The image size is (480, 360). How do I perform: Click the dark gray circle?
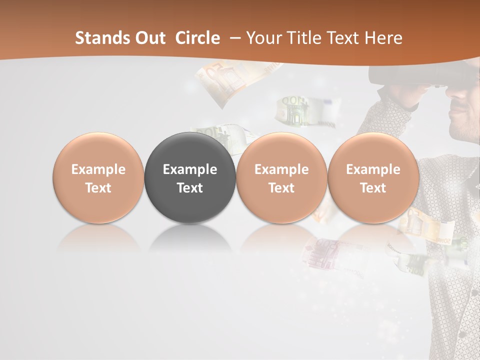[x=190, y=177]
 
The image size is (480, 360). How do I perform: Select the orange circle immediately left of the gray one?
[x=98, y=177]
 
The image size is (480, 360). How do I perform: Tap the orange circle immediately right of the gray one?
[x=281, y=177]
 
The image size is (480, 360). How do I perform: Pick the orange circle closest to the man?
[x=373, y=177]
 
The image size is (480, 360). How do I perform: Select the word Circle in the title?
[x=197, y=38]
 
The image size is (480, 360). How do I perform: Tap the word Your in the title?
[x=264, y=38]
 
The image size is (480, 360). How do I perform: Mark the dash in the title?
[x=234, y=38]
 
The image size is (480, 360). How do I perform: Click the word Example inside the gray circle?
[x=190, y=169]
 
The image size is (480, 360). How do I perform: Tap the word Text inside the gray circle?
[x=190, y=187]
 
